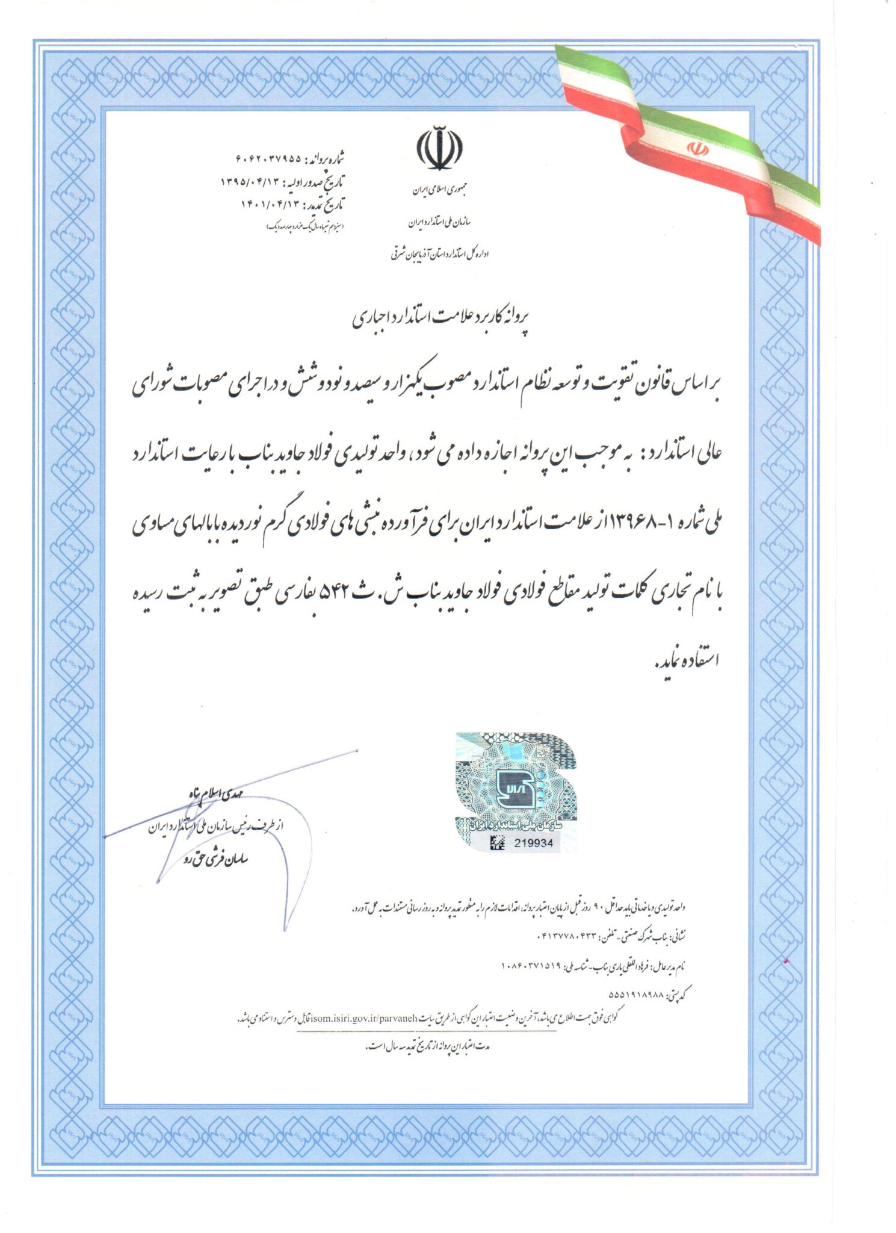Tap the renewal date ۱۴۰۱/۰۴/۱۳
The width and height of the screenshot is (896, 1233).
[x=270, y=203]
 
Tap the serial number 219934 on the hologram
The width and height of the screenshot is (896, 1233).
[x=533, y=843]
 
